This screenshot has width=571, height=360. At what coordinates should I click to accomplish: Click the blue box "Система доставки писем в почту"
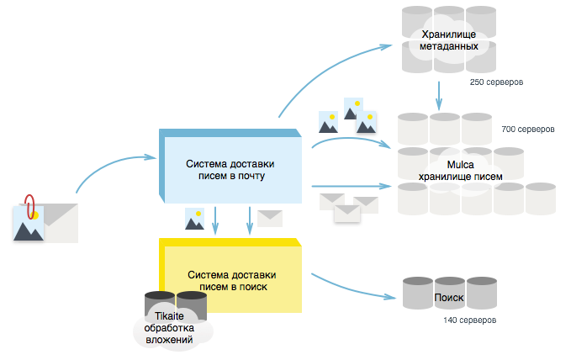230,169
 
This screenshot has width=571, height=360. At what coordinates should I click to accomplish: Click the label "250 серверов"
497,83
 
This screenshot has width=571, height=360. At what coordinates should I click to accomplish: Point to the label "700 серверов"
527,130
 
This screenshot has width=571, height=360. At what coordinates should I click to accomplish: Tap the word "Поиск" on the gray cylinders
448,298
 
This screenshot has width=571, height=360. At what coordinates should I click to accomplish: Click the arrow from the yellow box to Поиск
353,286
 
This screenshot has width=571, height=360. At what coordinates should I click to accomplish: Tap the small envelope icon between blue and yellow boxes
269,219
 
